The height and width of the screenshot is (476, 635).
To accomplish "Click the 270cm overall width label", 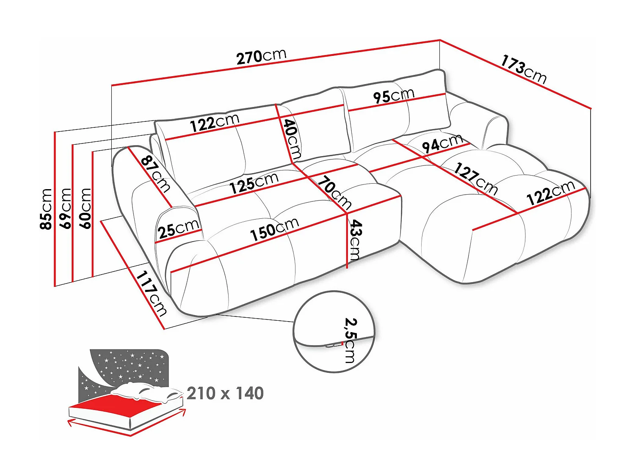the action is pos(261,56).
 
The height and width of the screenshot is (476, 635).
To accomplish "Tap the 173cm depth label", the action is pos(524,69).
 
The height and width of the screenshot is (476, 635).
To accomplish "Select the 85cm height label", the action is pos(46,209).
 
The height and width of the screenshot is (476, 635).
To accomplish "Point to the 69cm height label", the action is pos(65,208).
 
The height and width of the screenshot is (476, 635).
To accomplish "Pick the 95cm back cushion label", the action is pos(393,96).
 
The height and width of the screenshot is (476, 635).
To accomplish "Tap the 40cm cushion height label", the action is pos(292,139).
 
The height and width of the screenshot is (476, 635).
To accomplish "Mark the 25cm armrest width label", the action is pos(178,229).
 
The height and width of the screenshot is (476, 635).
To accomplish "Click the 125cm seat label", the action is pos(254,183).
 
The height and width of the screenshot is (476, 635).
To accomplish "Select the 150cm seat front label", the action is pos(274,230).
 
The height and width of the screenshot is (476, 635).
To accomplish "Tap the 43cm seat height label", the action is pos(355,239).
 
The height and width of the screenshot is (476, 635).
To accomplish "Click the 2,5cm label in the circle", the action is pos(351,340).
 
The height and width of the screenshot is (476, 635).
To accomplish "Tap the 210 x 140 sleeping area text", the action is pos(225,393).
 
